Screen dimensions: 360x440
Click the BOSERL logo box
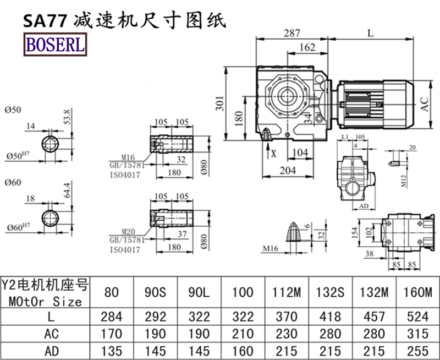[x=54, y=43]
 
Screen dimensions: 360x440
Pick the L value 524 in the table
[x=420, y=317]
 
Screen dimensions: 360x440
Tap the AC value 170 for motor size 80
[x=112, y=334]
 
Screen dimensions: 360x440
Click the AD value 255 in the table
[x=420, y=351]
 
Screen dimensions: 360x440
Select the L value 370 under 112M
[x=286, y=317]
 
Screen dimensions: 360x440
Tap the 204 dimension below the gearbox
[x=289, y=171]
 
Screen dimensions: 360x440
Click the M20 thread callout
[x=122, y=231]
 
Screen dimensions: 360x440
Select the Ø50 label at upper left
[x=12, y=110]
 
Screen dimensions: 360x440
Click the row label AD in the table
[x=45, y=351]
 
